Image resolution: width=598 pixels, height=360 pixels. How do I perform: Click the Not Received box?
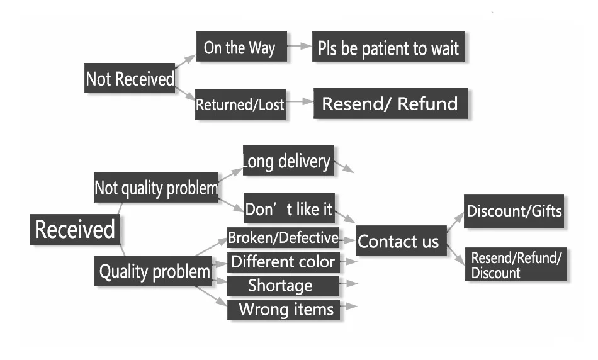click(130, 79)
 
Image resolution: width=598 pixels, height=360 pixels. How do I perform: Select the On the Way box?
click(240, 48)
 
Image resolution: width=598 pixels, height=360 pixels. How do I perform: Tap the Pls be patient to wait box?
click(388, 48)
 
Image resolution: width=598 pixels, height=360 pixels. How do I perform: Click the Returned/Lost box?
click(240, 104)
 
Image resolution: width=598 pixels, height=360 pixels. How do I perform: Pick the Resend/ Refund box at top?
click(390, 104)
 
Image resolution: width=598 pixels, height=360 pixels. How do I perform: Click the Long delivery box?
click(288, 161)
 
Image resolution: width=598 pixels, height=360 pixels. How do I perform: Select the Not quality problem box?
click(156, 188)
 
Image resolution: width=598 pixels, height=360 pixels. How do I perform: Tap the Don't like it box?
click(288, 208)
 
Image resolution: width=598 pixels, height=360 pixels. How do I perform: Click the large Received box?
click(75, 229)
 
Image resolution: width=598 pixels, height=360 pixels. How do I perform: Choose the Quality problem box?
click(154, 271)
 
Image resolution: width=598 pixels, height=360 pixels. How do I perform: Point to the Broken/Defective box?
click(283, 239)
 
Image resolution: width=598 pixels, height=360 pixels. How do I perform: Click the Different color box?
click(283, 262)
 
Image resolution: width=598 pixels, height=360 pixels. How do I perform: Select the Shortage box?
click(281, 286)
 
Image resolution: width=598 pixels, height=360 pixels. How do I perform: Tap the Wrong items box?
click(285, 309)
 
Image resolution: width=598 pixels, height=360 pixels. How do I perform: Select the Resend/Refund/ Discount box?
click(516, 265)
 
